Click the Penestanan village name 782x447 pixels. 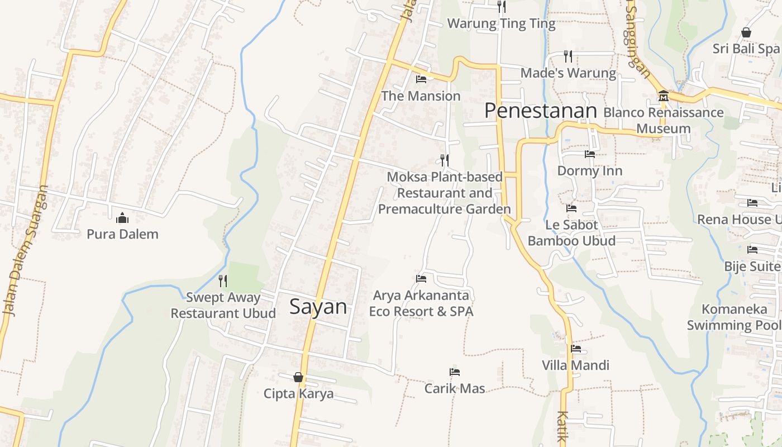541,111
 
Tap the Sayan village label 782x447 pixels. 318,307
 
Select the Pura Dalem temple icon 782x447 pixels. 122,218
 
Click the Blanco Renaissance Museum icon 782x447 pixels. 664,96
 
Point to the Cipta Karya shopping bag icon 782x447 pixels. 298,377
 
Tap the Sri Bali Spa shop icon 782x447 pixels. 746,32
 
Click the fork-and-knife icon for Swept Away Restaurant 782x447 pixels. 223,280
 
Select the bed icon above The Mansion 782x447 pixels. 421,79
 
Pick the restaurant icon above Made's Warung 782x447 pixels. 568,56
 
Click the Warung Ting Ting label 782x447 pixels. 501,23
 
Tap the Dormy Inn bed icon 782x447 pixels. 590,154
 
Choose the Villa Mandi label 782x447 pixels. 575,365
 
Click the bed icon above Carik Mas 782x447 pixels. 455,372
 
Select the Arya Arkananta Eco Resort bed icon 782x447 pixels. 421,278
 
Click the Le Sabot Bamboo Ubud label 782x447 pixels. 571,233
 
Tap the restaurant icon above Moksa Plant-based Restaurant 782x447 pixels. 445,160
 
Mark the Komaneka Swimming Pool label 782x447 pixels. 734,317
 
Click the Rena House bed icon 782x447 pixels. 752,203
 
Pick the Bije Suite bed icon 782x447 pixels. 752,250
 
